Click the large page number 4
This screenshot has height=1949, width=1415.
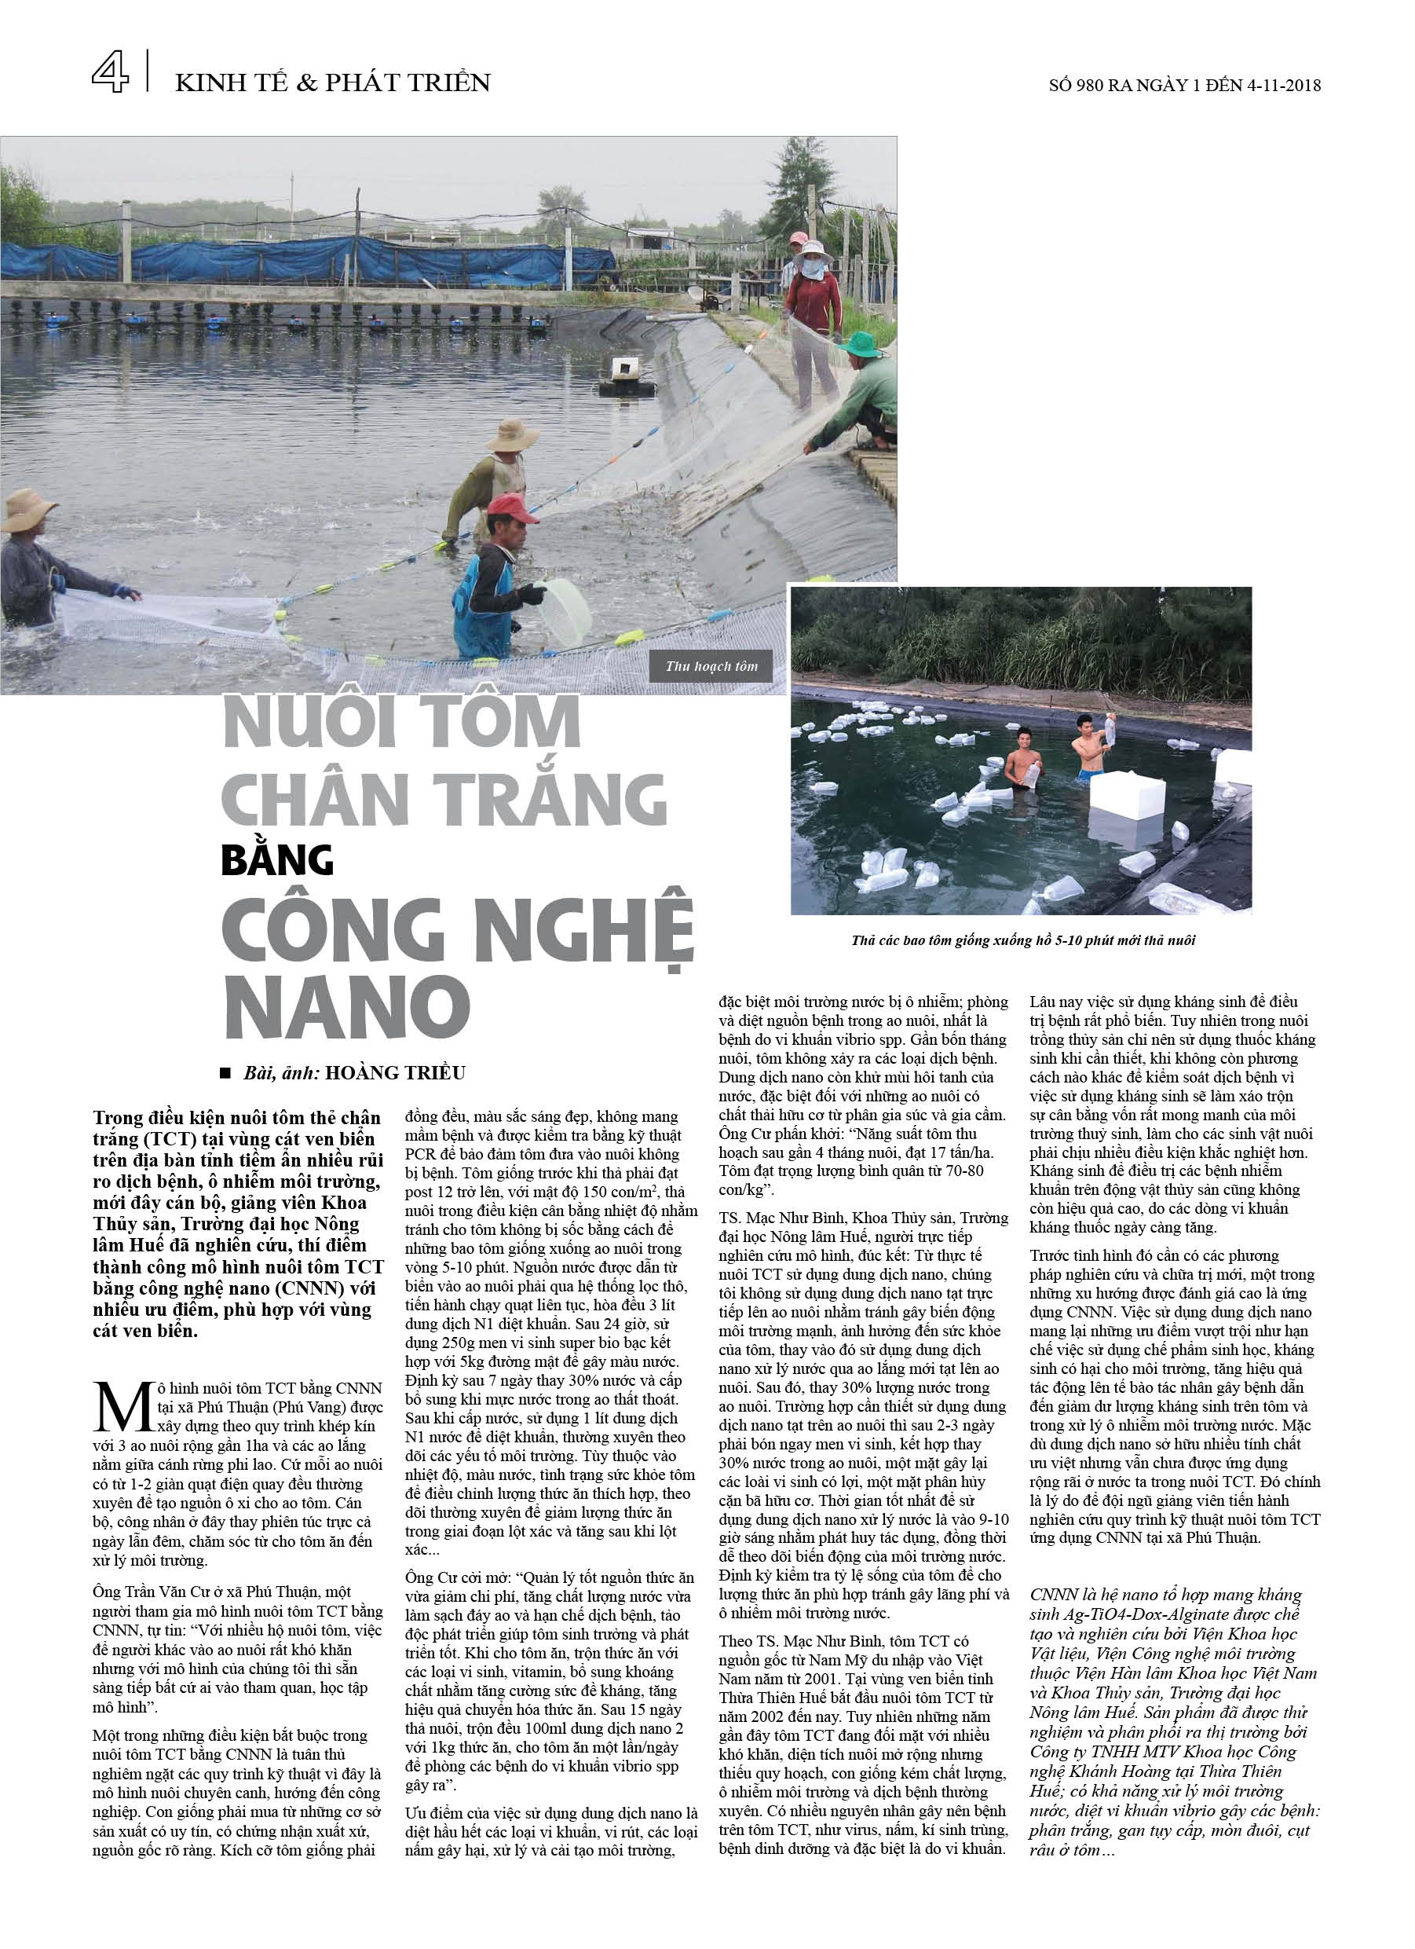110,71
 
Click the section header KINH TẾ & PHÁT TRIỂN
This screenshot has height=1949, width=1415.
332,82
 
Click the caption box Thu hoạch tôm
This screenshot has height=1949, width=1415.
711,666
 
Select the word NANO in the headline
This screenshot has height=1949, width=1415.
347,1007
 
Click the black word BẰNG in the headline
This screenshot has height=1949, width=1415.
276,860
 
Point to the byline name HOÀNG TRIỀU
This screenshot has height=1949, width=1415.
395,1072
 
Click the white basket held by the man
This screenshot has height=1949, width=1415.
566,612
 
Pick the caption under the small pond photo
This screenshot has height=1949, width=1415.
1022,940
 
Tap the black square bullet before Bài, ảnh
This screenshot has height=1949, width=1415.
226,1072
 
